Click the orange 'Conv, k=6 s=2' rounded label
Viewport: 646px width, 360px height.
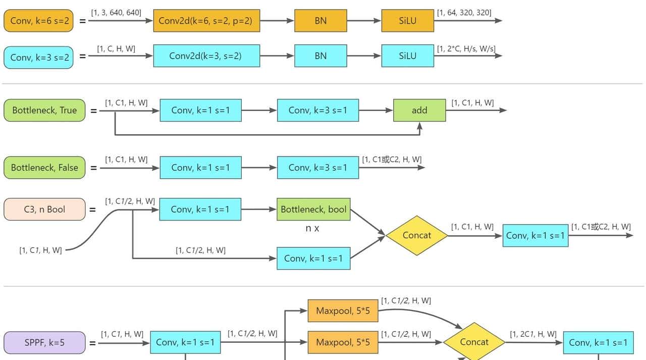(38, 21)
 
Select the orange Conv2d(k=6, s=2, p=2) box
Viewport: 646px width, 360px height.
(206, 21)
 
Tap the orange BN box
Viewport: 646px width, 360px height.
(320, 21)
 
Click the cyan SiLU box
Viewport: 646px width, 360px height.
(407, 56)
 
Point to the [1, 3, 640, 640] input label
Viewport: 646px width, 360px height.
(116, 12)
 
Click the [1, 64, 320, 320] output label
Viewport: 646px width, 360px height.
(464, 12)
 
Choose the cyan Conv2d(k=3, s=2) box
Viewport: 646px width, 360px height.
(206, 56)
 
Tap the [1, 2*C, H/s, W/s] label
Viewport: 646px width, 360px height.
(466, 49)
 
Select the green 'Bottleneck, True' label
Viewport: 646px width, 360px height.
(44, 110)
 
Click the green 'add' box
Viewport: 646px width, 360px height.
(419, 110)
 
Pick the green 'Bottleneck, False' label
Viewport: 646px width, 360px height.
(44, 168)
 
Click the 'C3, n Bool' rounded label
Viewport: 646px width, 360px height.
(44, 210)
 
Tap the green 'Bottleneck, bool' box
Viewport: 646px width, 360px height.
(313, 210)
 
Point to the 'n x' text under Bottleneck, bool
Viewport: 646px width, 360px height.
(312, 228)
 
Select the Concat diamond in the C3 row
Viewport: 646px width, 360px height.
(417, 235)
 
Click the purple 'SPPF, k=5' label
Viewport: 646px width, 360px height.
(44, 342)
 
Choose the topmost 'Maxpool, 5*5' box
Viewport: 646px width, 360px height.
(343, 311)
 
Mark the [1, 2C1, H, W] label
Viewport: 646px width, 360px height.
(533, 334)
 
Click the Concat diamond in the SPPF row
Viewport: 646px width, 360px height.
(474, 342)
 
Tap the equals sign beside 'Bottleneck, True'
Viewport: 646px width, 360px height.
(94, 111)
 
